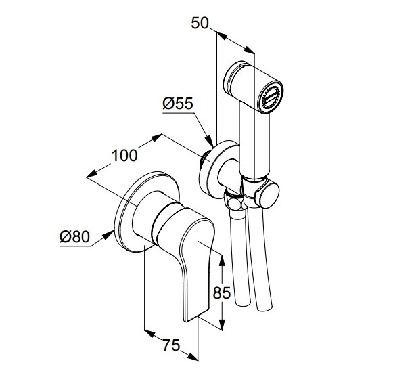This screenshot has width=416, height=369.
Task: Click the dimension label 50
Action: coord(200,23)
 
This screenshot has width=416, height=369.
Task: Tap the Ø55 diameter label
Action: coord(178,104)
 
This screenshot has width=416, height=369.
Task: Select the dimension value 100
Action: coord(124,156)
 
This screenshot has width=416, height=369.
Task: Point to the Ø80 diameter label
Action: coord(75,237)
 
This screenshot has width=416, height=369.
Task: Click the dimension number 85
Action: coord(222,293)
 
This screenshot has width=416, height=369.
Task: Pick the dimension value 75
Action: coord(171,345)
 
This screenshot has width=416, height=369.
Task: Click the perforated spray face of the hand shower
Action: coord(271,98)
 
